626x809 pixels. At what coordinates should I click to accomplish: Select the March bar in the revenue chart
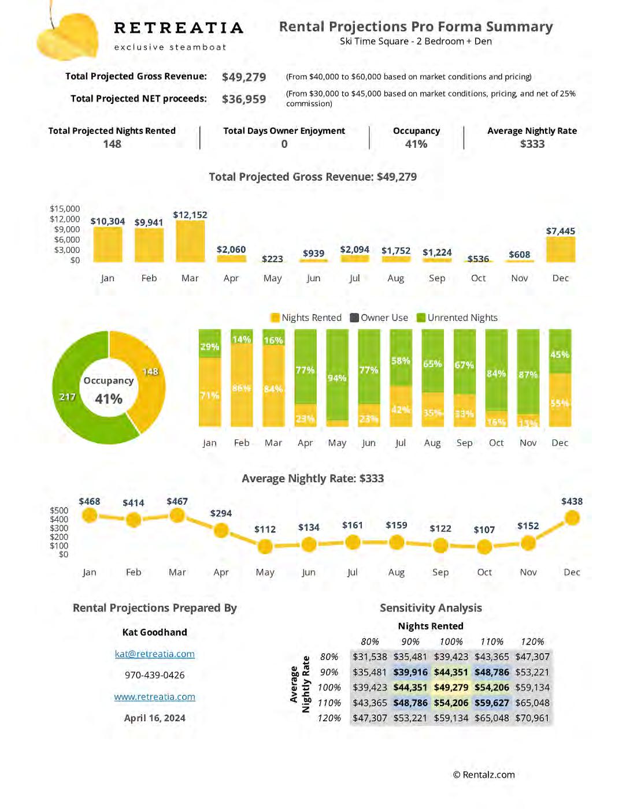pos(190,242)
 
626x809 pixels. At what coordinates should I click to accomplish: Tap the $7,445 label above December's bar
pos(560,231)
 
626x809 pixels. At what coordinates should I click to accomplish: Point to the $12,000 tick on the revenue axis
pos(65,219)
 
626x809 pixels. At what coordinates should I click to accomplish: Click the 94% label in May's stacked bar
pos(337,378)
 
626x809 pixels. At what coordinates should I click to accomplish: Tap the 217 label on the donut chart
pos(68,397)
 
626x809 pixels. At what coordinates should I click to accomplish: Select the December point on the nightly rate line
pos(572,518)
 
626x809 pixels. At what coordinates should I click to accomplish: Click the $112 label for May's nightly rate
pos(265,529)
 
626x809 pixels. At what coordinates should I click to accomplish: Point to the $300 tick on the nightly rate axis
pos(59,528)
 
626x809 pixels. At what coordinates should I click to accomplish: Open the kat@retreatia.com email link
pos(154,654)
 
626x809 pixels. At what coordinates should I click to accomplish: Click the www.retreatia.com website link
pos(154,696)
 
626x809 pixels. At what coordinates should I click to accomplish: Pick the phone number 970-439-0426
pos(154,675)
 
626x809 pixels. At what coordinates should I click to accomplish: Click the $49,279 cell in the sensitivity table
pos(451,687)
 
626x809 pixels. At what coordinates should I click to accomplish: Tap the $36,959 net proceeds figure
pos(244,99)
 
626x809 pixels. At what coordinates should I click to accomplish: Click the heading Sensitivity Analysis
pos(431,607)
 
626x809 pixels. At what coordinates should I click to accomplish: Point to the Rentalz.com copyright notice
pos(484,775)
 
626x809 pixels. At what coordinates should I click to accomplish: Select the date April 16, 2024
pos(154,718)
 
